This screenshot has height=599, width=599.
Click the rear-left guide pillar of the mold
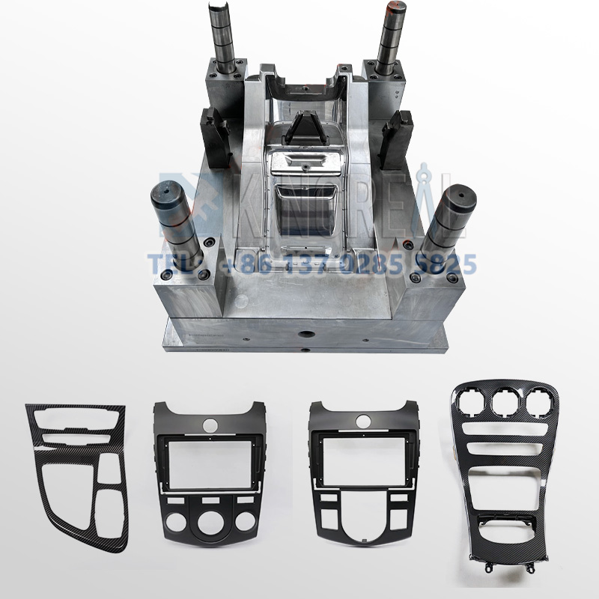pyautogui.click(x=225, y=37)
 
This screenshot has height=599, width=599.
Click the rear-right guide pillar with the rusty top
pyautogui.click(x=391, y=37)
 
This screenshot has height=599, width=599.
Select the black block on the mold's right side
pyautogui.click(x=398, y=139)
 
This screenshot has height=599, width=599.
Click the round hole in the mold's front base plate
pyautogui.click(x=306, y=334)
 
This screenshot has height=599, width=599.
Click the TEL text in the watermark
pyautogui.click(x=169, y=264)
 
